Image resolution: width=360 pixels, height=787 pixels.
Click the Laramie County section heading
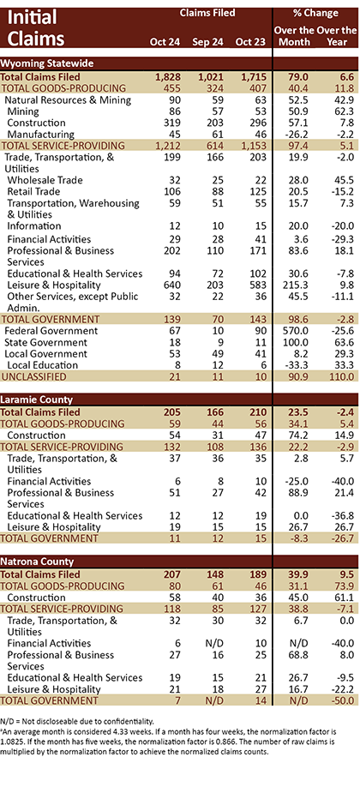point(37,400)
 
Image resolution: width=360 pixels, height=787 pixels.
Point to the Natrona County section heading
point(37,562)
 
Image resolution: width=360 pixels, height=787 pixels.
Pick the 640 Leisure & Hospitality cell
point(171,285)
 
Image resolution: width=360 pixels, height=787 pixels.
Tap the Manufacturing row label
point(41,134)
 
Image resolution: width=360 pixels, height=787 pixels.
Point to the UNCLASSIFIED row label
point(33,376)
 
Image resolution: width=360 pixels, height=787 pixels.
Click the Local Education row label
point(43,365)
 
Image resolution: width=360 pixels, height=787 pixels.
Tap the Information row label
point(34,225)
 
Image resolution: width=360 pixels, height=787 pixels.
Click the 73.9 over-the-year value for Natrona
point(345,586)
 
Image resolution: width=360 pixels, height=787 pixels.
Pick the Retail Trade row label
point(33,191)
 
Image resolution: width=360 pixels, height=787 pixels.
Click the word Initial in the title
point(33,17)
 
